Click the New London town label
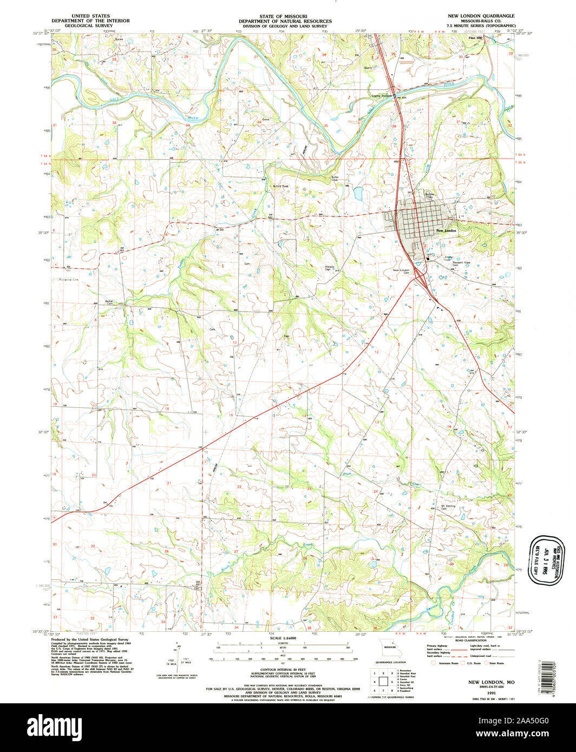click(446, 231)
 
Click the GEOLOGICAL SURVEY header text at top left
click(90, 25)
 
